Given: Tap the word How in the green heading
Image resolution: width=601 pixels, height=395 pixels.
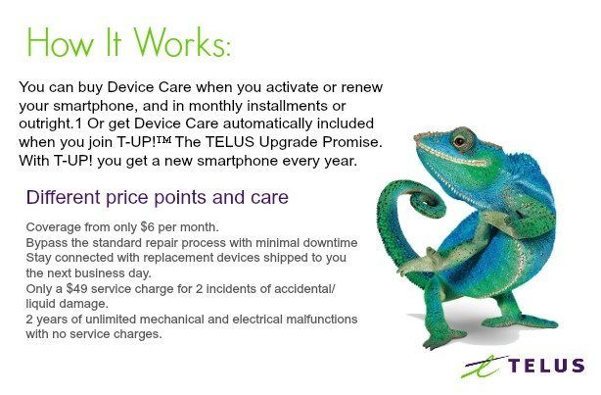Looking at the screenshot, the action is pyautogui.click(x=60, y=42).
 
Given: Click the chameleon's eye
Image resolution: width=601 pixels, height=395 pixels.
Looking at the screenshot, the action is pyautogui.click(x=459, y=142).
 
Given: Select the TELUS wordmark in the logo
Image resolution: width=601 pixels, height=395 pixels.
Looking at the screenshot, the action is pyautogui.click(x=546, y=366).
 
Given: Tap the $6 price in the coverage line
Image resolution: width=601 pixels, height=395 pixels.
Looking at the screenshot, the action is pyautogui.click(x=148, y=227).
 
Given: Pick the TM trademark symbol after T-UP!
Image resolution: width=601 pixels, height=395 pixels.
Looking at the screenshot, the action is pyautogui.click(x=164, y=139).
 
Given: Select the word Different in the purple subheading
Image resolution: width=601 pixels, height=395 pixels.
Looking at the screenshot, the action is pyautogui.click(x=63, y=197).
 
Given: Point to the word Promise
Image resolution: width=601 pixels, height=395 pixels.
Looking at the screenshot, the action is pyautogui.click(x=352, y=142).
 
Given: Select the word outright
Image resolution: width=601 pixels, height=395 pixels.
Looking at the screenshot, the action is pyautogui.click(x=45, y=123).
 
